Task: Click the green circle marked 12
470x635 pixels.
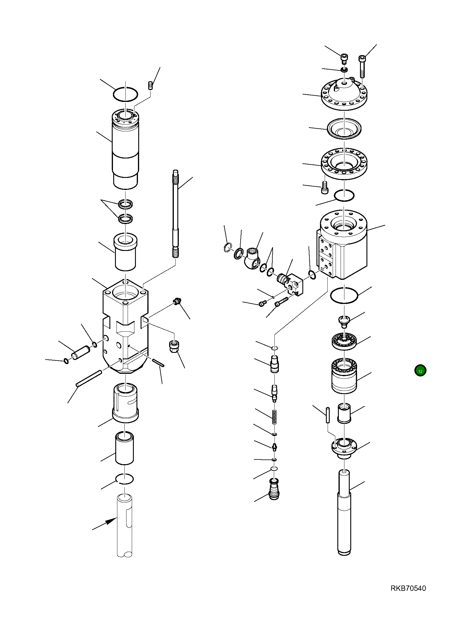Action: (420, 371)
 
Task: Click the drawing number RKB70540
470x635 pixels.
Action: (408, 596)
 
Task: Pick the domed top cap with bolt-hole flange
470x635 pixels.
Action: (344, 94)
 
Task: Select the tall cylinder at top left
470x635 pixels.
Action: (125, 150)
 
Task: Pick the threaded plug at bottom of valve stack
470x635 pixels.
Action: (274, 489)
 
